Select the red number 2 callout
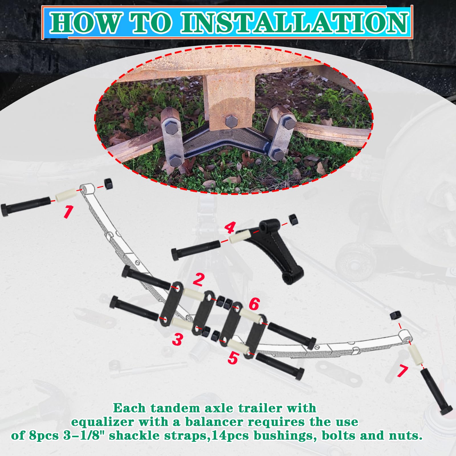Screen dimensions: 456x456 198,279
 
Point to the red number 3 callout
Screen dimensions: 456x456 177,339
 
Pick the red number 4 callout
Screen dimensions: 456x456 229,228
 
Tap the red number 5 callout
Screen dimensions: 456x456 233,358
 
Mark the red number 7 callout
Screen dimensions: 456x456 402,371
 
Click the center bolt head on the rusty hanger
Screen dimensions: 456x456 231,122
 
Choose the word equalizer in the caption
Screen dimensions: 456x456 102,422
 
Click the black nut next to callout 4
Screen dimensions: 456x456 293,219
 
